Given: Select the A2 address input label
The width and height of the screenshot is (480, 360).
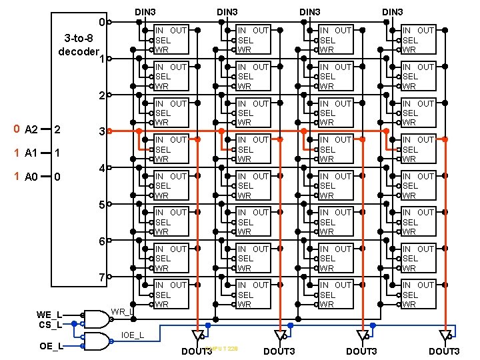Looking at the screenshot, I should [x=31, y=129].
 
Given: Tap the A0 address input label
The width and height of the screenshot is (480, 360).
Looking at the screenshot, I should [x=31, y=177].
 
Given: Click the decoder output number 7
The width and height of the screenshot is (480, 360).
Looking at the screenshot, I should [x=101, y=277].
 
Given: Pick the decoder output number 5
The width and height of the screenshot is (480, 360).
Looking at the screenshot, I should [x=101, y=205].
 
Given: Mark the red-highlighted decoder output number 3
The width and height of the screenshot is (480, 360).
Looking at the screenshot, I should [x=101, y=132].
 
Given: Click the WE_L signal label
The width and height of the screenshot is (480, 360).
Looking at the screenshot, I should [x=50, y=314].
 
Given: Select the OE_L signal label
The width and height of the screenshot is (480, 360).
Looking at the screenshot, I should [x=51, y=346].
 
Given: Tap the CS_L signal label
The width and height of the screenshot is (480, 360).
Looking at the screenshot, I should [x=50, y=325].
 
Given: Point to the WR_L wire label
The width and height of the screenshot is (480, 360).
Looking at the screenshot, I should [x=122, y=311].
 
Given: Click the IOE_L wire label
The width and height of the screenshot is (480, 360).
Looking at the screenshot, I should [x=132, y=334].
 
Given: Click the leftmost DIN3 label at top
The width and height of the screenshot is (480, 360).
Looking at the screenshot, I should [x=145, y=12].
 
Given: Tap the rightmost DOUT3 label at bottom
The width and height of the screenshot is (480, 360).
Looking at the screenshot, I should [x=444, y=351].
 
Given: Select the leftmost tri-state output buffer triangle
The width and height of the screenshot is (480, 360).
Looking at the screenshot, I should [x=197, y=335].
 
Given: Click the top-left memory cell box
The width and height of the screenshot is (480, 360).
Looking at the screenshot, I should [x=171, y=40].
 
